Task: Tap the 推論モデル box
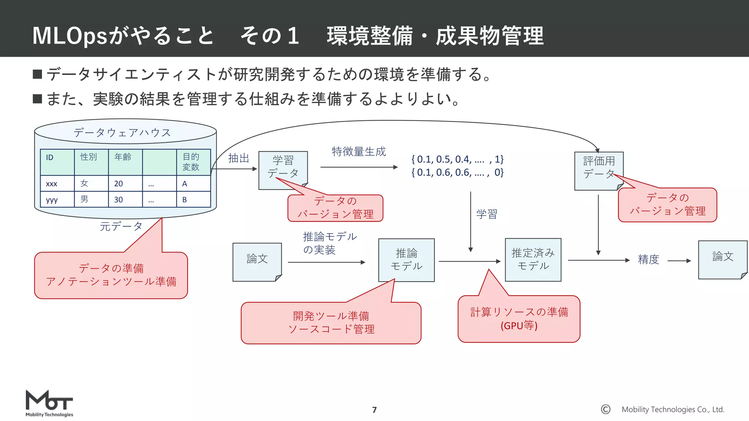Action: pos(406,260)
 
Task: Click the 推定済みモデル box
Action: pos(533,259)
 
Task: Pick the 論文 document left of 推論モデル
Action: pos(257,262)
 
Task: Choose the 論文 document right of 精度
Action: pos(722,259)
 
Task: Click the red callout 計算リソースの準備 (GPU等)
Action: pos(519,319)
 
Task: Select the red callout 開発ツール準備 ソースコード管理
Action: pos(331,323)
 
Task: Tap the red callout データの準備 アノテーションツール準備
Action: pos(111,275)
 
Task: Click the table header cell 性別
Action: pos(91,162)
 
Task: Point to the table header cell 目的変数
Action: pos(193,162)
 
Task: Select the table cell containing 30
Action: pos(125,200)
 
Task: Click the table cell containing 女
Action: pos(91,183)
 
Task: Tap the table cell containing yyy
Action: pos(57,200)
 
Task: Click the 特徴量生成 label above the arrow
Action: pos(358,152)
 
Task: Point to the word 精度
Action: pos(648,259)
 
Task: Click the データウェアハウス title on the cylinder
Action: pos(122,132)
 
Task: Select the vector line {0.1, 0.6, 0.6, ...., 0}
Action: pos(457,172)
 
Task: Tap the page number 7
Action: pos(374,410)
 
